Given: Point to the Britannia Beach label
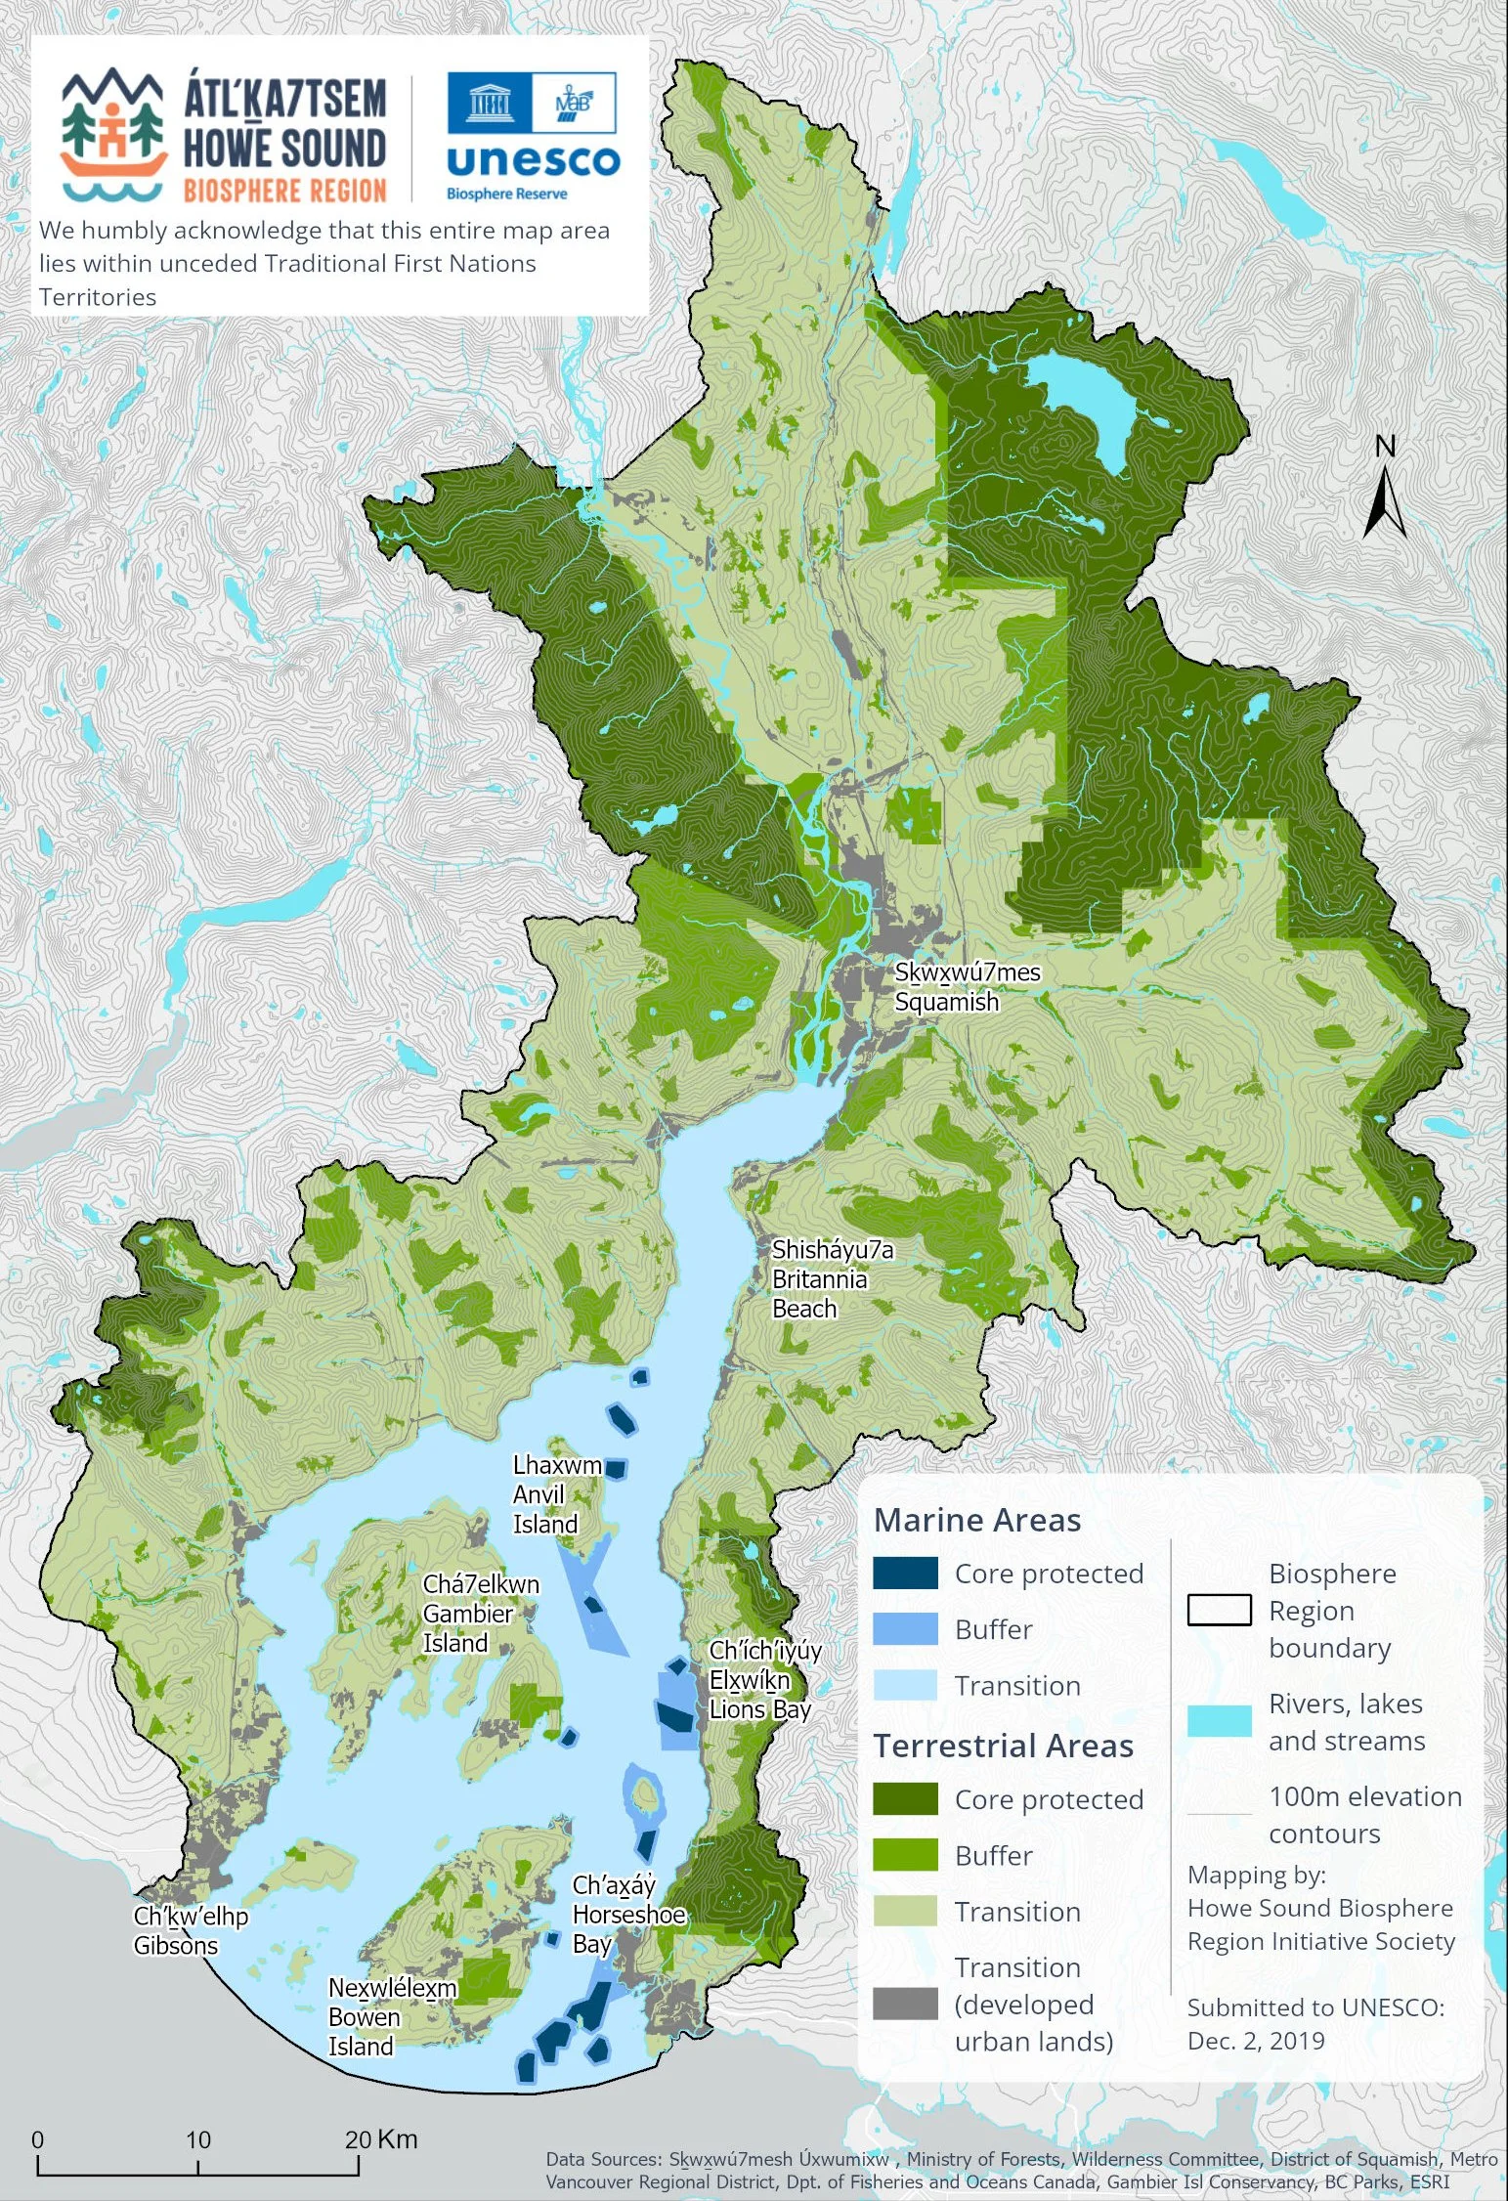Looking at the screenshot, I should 819,1278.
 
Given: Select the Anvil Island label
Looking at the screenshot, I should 544,1494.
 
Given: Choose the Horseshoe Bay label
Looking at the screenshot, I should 628,1914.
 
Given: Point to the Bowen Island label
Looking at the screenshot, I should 364,2017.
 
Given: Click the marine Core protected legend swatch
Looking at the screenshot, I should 905,1574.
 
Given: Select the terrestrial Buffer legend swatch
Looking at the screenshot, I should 905,1855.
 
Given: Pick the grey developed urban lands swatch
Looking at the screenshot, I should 905,2004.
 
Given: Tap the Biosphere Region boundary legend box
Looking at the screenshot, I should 1219,1610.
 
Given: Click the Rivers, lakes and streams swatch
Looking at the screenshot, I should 1219,1721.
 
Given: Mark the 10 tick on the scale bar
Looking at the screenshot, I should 198,2168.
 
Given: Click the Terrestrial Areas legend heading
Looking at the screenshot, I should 1003,1746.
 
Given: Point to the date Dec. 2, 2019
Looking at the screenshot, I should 1256,2041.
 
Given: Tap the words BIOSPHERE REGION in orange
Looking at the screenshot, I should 284,190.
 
